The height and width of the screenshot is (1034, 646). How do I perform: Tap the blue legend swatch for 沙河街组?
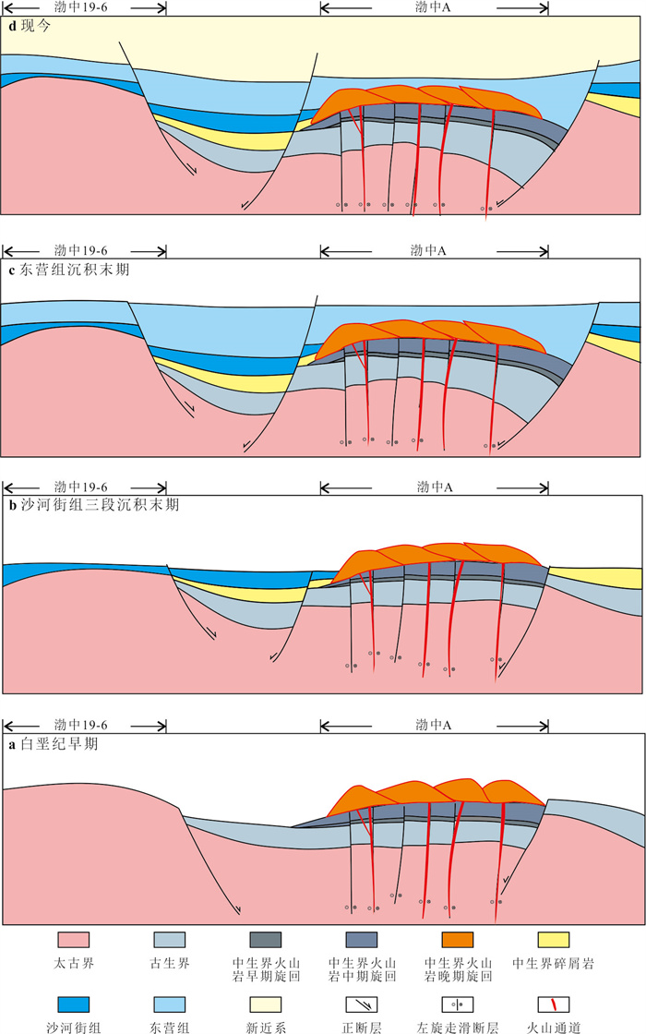tap(75, 1004)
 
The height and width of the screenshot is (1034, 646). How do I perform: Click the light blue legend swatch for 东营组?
tap(170, 1004)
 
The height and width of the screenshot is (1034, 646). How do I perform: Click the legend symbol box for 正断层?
tap(361, 1004)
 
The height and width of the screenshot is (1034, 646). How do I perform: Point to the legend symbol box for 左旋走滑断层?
tap(457, 1004)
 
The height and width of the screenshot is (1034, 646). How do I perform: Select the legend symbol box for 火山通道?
tap(553, 1004)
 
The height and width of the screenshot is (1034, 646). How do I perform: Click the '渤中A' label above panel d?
tap(434, 6)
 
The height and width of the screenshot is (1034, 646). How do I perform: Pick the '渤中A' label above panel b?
tap(434, 487)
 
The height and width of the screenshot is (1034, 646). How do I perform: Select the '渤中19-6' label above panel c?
tap(81, 250)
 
